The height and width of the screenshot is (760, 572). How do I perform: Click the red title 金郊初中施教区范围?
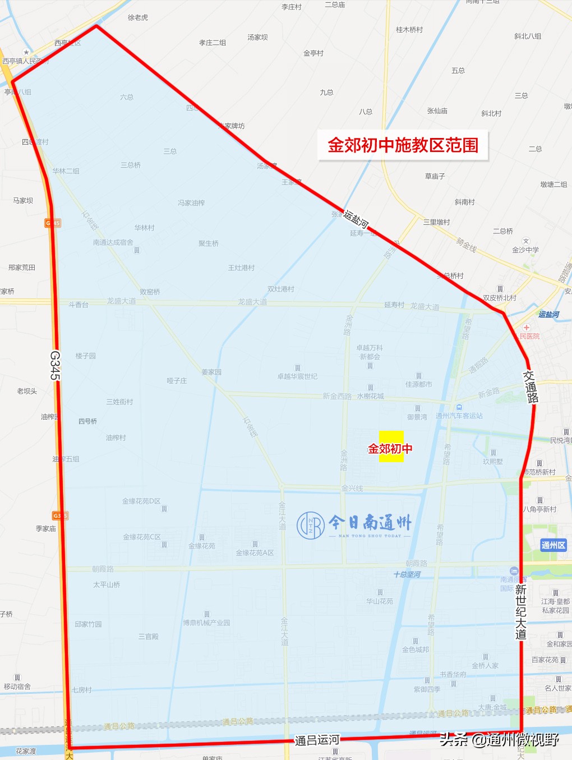tap(403, 145)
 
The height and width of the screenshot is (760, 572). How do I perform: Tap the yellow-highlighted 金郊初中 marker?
tap(391, 448)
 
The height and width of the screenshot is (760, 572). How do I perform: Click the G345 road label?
tap(54, 365)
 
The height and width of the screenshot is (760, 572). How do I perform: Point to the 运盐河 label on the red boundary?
tap(356, 218)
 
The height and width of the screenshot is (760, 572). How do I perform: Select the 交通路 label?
tap(531, 386)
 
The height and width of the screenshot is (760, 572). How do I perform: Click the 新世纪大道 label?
tap(521, 611)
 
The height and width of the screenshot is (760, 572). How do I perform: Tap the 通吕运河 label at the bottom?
tap(317, 740)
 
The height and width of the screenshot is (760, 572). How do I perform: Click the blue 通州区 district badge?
tap(553, 545)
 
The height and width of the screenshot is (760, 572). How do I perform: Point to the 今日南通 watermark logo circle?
tap(311, 526)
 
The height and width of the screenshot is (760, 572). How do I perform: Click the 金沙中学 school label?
tap(525, 250)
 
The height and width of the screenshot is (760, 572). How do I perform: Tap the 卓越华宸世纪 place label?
tap(297, 376)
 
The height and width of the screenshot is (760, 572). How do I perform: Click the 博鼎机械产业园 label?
tap(206, 623)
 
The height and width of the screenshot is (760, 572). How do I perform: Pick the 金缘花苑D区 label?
tap(141, 501)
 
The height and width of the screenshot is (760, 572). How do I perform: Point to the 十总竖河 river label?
tap(407, 574)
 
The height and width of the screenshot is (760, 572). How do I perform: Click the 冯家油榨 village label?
tap(191, 203)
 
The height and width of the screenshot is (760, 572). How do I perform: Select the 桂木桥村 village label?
tap(409, 30)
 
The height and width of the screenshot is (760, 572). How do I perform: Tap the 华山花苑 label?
tap(380, 601)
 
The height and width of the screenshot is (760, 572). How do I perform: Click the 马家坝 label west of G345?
tap(23, 200)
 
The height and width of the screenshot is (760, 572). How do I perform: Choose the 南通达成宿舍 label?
tap(113, 242)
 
